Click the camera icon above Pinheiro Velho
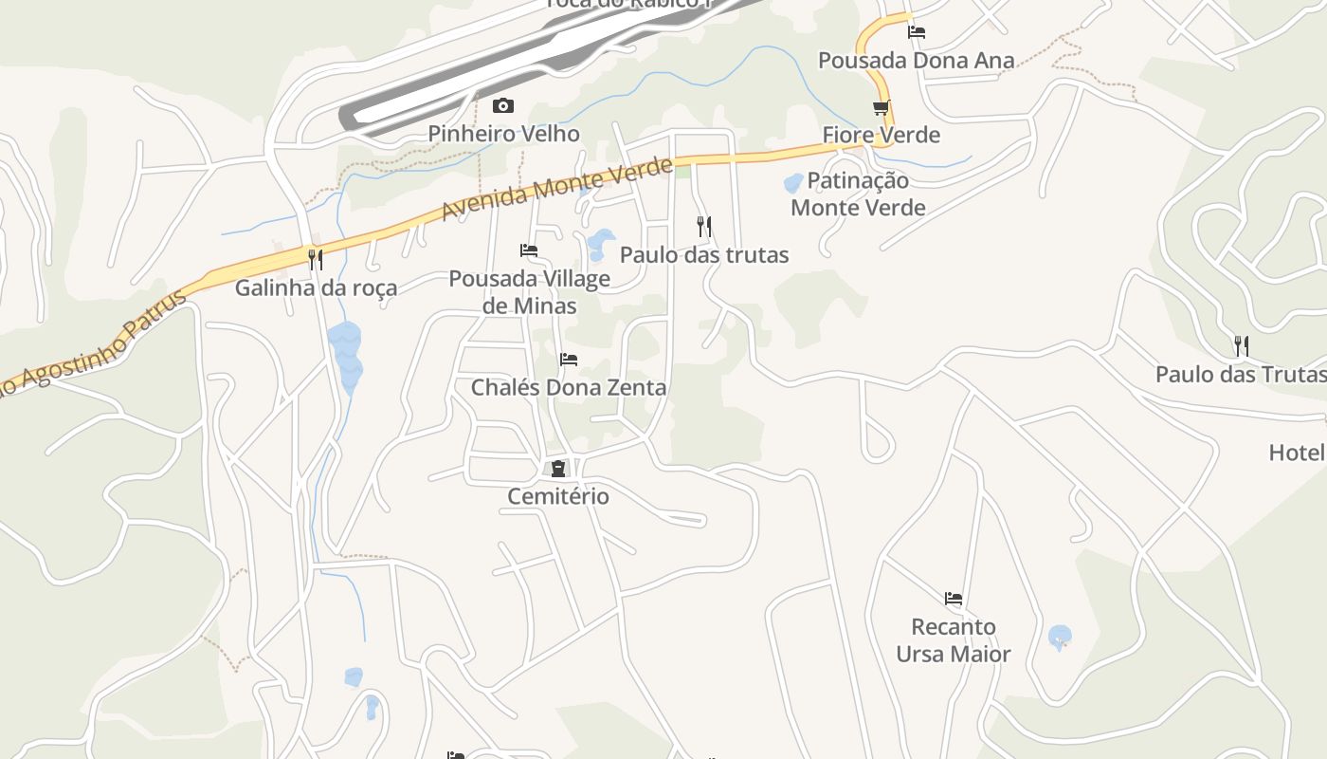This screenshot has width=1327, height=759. (503, 105)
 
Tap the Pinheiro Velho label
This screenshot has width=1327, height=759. (503, 134)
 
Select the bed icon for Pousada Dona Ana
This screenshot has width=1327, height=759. (916, 31)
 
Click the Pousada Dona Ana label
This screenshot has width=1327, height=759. (916, 61)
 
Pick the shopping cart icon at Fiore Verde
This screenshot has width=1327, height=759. (882, 107)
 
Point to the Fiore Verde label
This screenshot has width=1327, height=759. (882, 135)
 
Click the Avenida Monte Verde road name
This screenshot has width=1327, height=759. (557, 189)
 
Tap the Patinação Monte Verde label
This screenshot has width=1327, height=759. (858, 194)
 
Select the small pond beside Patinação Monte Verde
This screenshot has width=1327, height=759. (793, 183)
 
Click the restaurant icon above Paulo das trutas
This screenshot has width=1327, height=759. (703, 226)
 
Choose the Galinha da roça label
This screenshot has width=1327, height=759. (317, 287)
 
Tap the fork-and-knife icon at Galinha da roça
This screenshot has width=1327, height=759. (316, 258)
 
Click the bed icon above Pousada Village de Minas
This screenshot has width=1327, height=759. (529, 250)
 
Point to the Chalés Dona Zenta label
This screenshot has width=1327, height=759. (569, 387)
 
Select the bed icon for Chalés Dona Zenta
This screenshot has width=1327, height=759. (569, 359)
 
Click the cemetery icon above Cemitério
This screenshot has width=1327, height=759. (558, 468)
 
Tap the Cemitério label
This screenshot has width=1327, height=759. (558, 496)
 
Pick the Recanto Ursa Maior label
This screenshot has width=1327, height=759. (954, 640)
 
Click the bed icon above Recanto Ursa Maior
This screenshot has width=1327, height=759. (954, 598)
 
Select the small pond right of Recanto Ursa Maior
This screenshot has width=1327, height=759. (1060, 636)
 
